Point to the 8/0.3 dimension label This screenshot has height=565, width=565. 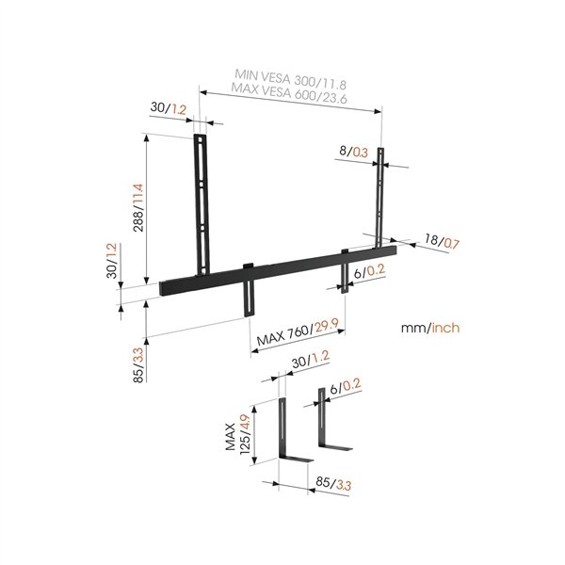(x=354, y=150)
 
